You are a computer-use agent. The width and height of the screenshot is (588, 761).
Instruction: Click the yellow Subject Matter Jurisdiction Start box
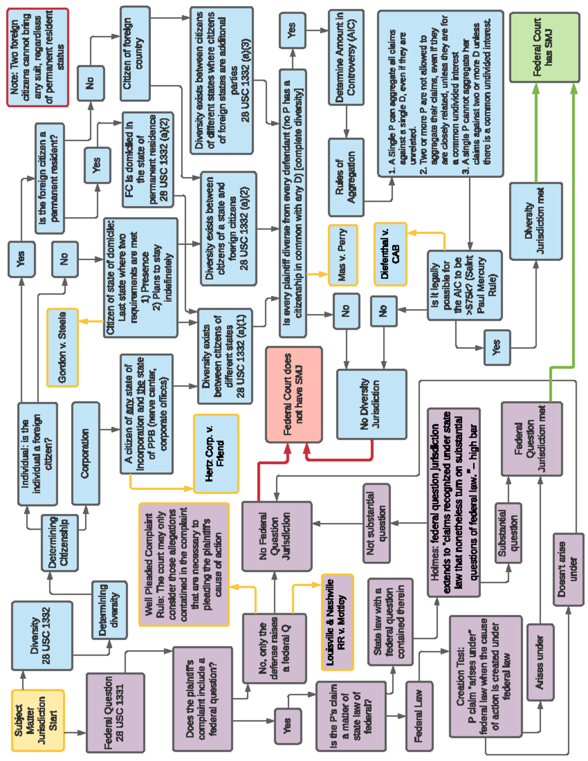click(x=38, y=720)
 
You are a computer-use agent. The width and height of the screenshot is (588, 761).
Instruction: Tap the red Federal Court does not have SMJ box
click(x=294, y=394)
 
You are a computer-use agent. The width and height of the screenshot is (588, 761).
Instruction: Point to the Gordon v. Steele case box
click(x=62, y=347)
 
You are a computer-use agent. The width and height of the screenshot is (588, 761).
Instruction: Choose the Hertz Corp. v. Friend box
click(x=216, y=454)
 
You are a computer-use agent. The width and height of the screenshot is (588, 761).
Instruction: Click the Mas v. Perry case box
click(x=343, y=255)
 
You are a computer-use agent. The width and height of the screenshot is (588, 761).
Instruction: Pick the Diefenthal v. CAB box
click(x=391, y=254)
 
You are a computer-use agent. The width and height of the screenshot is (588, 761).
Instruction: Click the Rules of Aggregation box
click(x=346, y=177)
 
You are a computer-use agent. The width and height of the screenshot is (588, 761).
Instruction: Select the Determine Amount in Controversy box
click(x=346, y=57)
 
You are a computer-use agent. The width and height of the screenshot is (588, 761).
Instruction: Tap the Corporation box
click(x=85, y=454)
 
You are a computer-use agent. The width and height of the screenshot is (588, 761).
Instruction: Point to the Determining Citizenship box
click(x=59, y=542)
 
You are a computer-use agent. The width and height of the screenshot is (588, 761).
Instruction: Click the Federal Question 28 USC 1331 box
click(x=115, y=712)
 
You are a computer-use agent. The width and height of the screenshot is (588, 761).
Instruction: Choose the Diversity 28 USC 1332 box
click(x=42, y=636)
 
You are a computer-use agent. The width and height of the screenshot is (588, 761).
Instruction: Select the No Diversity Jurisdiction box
click(x=371, y=404)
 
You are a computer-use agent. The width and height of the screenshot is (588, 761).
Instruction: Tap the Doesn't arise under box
click(x=568, y=570)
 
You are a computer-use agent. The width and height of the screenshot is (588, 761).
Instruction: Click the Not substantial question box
click(x=376, y=523)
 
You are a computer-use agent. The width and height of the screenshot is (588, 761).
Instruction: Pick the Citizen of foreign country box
click(x=134, y=54)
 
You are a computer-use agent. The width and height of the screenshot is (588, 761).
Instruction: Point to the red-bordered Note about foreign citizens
click(x=38, y=57)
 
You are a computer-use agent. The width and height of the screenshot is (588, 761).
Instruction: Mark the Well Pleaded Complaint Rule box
click(x=184, y=565)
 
